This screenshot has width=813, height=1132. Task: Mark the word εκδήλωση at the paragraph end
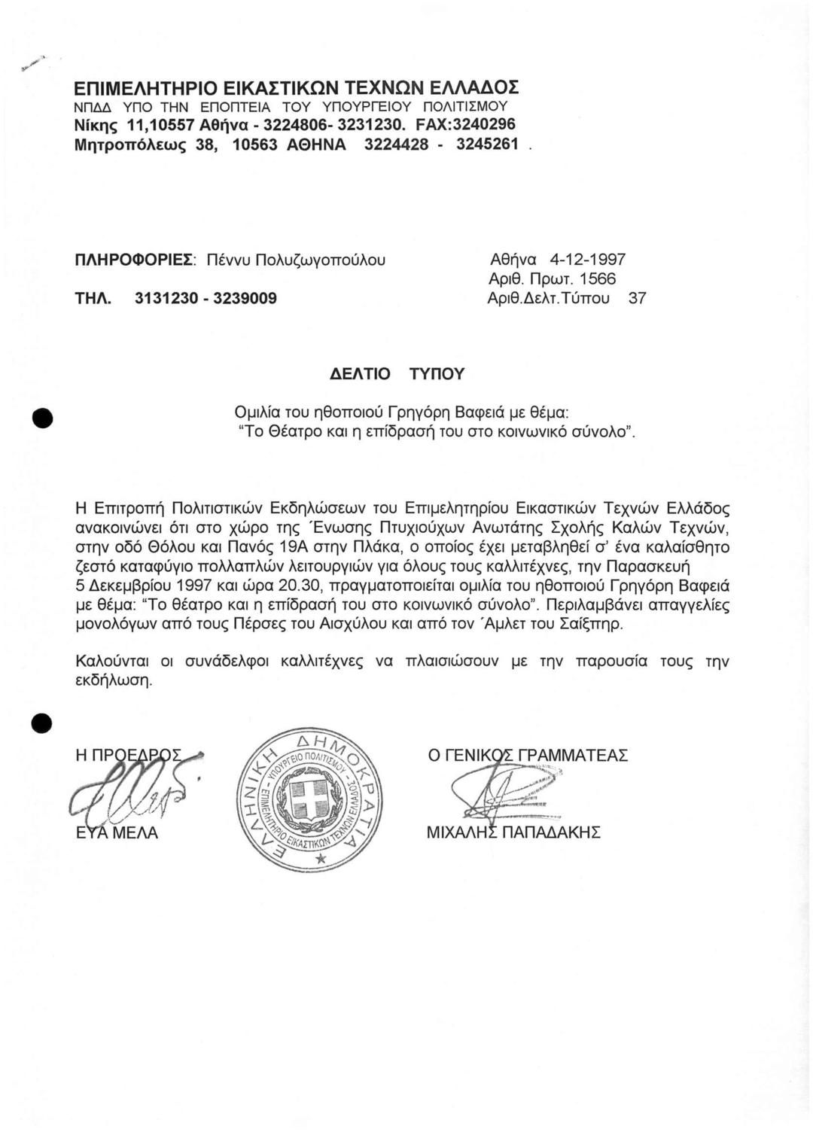[x=114, y=682]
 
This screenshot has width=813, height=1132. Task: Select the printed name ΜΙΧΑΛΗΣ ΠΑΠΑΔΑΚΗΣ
[x=513, y=832]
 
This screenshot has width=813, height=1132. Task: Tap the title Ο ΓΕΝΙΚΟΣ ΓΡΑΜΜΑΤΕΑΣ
[x=528, y=755]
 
